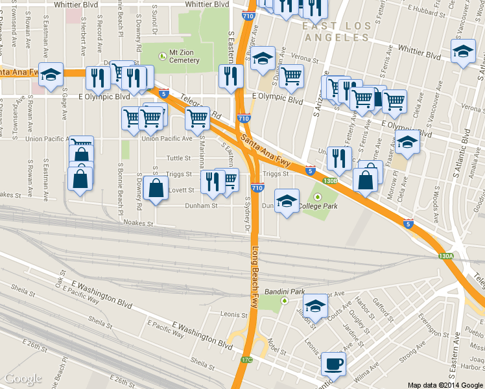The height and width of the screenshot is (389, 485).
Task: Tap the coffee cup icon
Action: click(x=333, y=364)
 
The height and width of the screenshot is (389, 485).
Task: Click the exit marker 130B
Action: click(x=329, y=181)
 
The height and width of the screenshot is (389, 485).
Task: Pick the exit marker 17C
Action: click(x=246, y=359)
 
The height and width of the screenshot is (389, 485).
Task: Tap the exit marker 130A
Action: click(x=445, y=256)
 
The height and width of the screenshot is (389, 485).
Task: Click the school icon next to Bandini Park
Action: click(x=315, y=306)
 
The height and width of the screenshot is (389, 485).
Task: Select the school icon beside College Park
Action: click(x=287, y=202)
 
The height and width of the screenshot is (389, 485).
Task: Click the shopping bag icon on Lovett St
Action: click(x=156, y=189)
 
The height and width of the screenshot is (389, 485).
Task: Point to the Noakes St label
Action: click(x=137, y=222)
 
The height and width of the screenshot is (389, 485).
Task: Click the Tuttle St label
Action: click(x=179, y=158)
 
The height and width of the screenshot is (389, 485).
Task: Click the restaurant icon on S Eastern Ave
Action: click(x=231, y=77)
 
